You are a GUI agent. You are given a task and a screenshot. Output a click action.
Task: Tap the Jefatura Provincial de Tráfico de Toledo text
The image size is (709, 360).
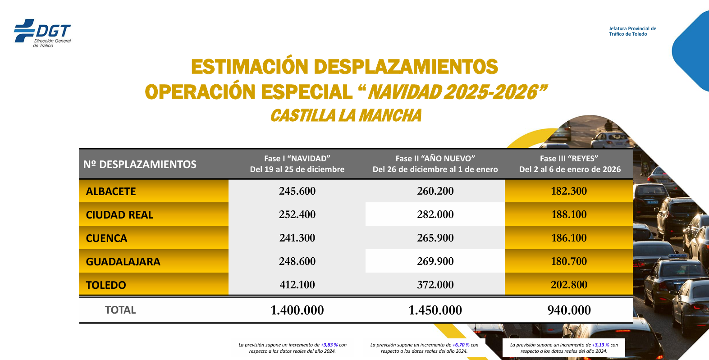coord(632,31)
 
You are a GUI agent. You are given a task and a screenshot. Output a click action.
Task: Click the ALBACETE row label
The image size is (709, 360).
coord(111,191)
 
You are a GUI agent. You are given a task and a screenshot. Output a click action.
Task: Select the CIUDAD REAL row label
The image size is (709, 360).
coord(119,215)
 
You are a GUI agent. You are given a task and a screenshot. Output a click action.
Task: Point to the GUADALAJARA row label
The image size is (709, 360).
coord(123,262)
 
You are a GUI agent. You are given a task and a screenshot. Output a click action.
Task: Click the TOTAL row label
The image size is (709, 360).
coord(120,310)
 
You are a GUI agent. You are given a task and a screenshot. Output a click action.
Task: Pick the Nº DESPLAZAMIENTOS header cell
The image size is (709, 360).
coord(140,164)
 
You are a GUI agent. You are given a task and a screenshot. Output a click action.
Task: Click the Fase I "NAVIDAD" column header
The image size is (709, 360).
coord(297,164)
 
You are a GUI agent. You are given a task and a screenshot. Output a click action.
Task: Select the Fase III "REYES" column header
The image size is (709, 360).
coord(569,164)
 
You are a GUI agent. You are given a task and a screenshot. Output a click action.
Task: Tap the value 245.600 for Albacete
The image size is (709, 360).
coord(297,191)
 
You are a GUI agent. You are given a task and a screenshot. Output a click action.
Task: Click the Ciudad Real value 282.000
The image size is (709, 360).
coord(435,214)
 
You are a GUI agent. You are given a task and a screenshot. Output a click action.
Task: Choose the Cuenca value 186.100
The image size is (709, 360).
coord(569,238)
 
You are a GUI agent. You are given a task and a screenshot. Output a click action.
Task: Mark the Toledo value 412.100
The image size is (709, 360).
coord(297,285)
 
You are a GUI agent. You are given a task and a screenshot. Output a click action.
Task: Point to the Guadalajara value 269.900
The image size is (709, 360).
coord(435,261)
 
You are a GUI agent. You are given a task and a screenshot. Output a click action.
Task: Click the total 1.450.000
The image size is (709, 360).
coord(435,310)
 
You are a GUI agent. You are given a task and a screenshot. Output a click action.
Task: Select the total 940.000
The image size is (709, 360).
coord(569,310)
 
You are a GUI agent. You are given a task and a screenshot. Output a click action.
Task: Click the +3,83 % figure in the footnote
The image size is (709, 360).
coord(329,345)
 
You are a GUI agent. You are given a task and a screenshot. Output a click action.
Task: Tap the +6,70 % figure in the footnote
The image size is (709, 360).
coord(461,345)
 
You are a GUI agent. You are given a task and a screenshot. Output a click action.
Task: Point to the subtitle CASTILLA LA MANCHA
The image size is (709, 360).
coord(346,116)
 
